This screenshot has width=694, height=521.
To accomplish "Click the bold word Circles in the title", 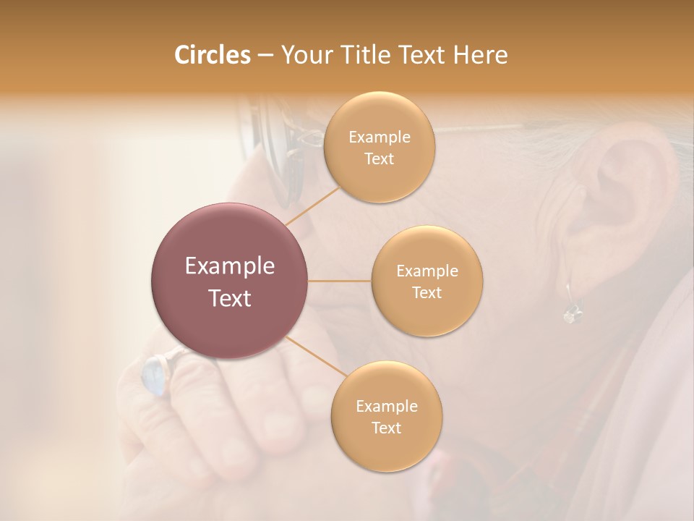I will (x=212, y=55).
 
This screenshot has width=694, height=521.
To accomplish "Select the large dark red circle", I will (x=229, y=281).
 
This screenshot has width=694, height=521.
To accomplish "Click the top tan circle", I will (x=379, y=147).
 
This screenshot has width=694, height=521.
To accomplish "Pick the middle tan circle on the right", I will (x=427, y=281).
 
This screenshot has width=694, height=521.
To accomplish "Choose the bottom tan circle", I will (x=386, y=416).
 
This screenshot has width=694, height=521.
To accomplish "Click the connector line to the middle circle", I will (x=339, y=281).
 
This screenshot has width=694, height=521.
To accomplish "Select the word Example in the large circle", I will (x=229, y=266).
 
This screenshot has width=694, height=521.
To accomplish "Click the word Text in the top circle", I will (x=379, y=158).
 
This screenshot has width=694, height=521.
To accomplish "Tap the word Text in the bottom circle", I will (x=386, y=428).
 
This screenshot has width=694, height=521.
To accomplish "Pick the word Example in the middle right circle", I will (x=427, y=271).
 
